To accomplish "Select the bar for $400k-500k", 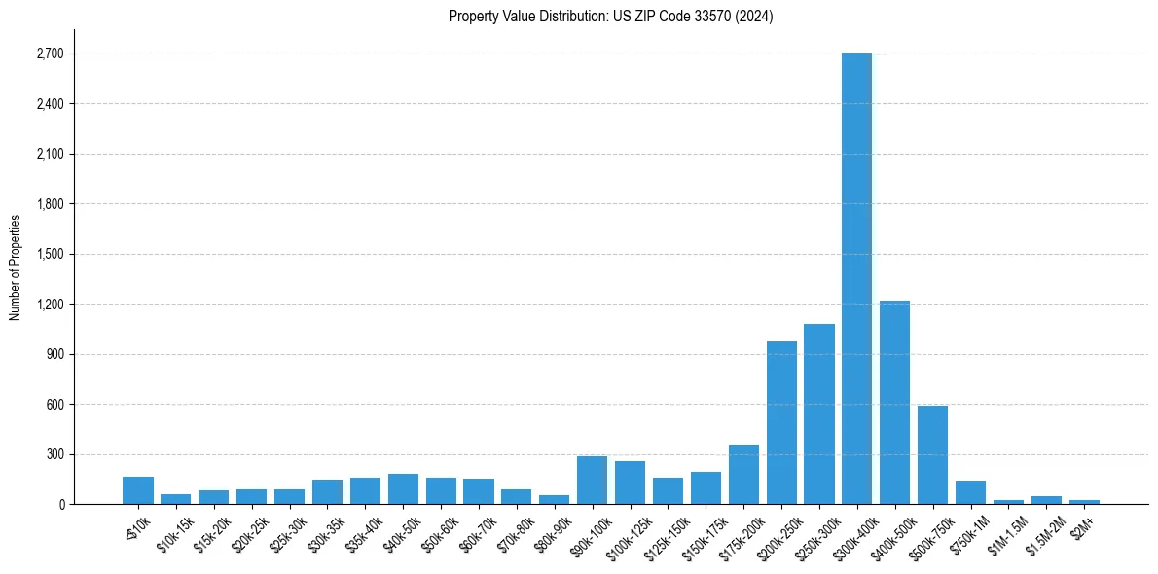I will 894,403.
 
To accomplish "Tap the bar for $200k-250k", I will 781,423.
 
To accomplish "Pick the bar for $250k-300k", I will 819,414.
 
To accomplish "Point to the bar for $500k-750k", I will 932,455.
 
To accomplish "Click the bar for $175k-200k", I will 743,475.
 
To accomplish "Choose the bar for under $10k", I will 138,490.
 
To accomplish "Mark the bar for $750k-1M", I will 970,492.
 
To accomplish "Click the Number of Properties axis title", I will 15,268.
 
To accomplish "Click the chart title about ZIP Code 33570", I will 610,16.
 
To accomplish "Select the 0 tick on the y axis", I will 60,505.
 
